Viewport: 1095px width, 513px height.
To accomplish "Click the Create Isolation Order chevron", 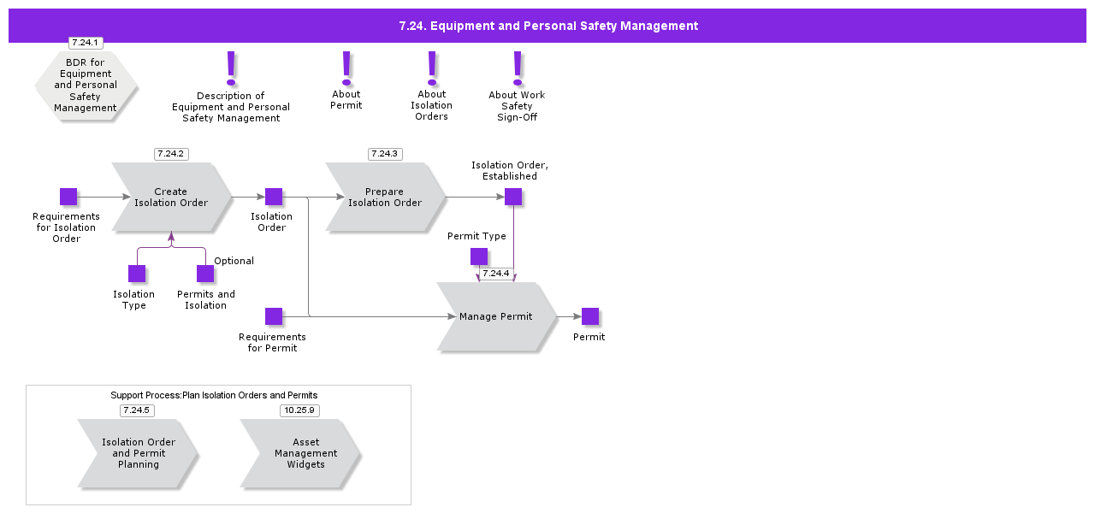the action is pos(171,197).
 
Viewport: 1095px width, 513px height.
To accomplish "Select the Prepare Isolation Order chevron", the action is pos(385,197).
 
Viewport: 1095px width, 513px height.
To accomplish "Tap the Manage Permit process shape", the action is pos(496,316).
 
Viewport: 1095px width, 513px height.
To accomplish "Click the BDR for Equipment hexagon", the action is pos(86,85).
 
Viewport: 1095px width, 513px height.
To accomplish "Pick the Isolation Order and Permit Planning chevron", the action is pos(138,453).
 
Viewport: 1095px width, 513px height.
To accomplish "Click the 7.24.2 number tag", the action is pos(171,154).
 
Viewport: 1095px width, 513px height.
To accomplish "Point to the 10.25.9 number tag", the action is pos(299,410).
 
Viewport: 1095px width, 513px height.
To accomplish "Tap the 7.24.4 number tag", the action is pos(495,274).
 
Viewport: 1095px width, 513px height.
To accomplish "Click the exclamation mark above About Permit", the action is pos(346,68).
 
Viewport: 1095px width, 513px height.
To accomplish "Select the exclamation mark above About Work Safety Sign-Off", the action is pos(518,68).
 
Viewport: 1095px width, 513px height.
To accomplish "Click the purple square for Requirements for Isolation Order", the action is pos(68,197).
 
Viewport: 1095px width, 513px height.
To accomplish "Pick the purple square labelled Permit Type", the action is pos(479,256).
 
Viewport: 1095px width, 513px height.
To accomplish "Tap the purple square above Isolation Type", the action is pos(137,274).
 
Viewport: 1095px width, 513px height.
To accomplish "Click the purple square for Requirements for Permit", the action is pos(274,316).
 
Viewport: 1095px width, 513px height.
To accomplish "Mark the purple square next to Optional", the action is pos(205,274).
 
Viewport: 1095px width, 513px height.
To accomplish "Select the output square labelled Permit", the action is pos(590,316).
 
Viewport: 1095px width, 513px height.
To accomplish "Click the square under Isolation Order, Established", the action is pos(513,197).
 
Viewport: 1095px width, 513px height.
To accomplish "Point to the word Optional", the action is pos(234,261).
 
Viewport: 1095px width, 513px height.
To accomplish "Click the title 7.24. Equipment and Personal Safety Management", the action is pos(548,26).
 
